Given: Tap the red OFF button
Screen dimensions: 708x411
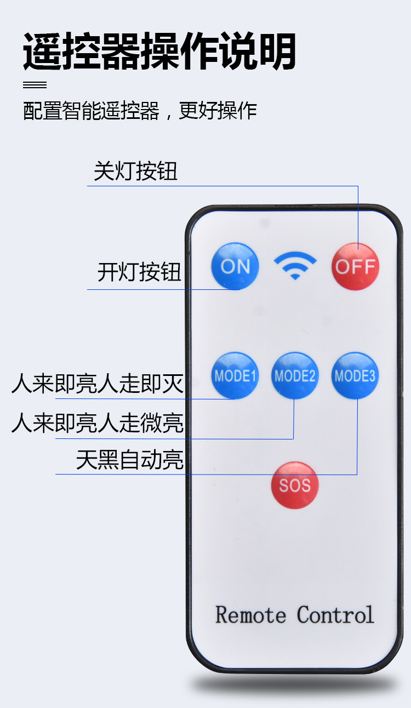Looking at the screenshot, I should coord(355,266).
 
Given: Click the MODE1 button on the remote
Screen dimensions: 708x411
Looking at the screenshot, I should coord(235,376).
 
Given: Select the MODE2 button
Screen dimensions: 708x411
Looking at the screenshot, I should coord(295,376).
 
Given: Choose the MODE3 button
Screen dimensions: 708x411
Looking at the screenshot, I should coord(355,376).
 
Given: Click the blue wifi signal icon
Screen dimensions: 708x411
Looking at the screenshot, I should coord(295,265).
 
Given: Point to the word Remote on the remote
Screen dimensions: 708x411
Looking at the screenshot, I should coord(250,615).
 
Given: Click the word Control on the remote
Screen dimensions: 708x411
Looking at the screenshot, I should coord(335,615).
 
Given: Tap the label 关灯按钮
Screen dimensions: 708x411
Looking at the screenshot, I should coord(135,172).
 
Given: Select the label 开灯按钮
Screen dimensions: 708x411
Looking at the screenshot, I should coord(139,272).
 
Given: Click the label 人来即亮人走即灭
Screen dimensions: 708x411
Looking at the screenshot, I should coord(98,384).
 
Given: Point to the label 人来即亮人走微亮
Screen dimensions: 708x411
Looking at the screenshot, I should coord(98,423).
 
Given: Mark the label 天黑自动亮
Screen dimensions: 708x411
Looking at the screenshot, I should coord(129,460).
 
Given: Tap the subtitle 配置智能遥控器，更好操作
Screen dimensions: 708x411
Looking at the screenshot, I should coord(140,111).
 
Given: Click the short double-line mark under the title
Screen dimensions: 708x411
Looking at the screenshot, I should coord(35,85).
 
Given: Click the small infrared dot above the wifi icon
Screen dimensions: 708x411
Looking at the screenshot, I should coord(265,224).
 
